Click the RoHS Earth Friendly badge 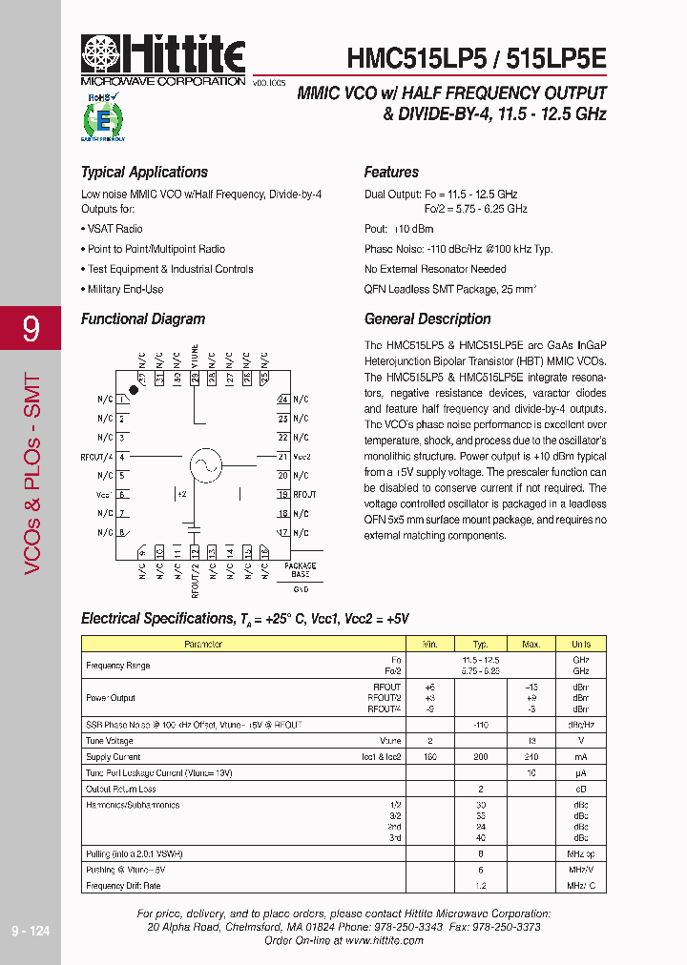pyautogui.click(x=102, y=117)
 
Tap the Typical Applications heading pyautogui.click(x=144, y=173)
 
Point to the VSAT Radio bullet pyautogui.click(x=114, y=229)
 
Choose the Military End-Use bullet pyautogui.click(x=125, y=289)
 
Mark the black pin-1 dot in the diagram pyautogui.click(x=134, y=391)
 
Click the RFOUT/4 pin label pyautogui.click(x=98, y=458)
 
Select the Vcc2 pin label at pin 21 pyautogui.click(x=302, y=457)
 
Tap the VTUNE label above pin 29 pyautogui.click(x=196, y=355)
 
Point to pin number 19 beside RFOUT pyautogui.click(x=282, y=494)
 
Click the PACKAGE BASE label pyautogui.click(x=301, y=571)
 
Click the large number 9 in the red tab pyautogui.click(x=31, y=329)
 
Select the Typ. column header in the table pyautogui.click(x=480, y=645)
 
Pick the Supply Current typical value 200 pyautogui.click(x=480, y=756)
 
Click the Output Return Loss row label pyautogui.click(x=121, y=789)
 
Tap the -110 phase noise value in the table pyautogui.click(x=480, y=725)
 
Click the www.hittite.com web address pyautogui.click(x=384, y=940)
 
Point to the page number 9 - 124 pyautogui.click(x=31, y=931)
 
